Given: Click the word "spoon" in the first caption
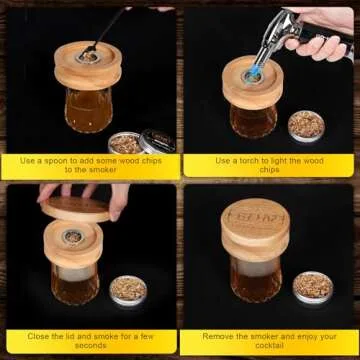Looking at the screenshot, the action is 55,161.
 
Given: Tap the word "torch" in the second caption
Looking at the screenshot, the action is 246,161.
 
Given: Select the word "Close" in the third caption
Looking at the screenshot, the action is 38,336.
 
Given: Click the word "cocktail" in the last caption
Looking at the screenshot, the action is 269,346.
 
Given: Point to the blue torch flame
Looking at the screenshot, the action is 254,71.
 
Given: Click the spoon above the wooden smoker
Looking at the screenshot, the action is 103,32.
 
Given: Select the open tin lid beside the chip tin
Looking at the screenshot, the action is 157,141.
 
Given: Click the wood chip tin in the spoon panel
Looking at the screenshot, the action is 126,143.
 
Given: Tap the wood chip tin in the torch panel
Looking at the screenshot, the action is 306,126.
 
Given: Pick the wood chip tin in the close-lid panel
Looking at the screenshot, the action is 128,290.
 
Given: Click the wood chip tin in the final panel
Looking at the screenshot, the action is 313,287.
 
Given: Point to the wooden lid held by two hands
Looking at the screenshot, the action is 75,209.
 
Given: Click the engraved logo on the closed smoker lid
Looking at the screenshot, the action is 256,217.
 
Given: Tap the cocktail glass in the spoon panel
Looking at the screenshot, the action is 89,110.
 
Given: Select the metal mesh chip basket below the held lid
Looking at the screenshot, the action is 73,237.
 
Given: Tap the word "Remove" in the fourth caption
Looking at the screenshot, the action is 218,336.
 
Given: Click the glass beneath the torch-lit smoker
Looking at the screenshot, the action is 254,121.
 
